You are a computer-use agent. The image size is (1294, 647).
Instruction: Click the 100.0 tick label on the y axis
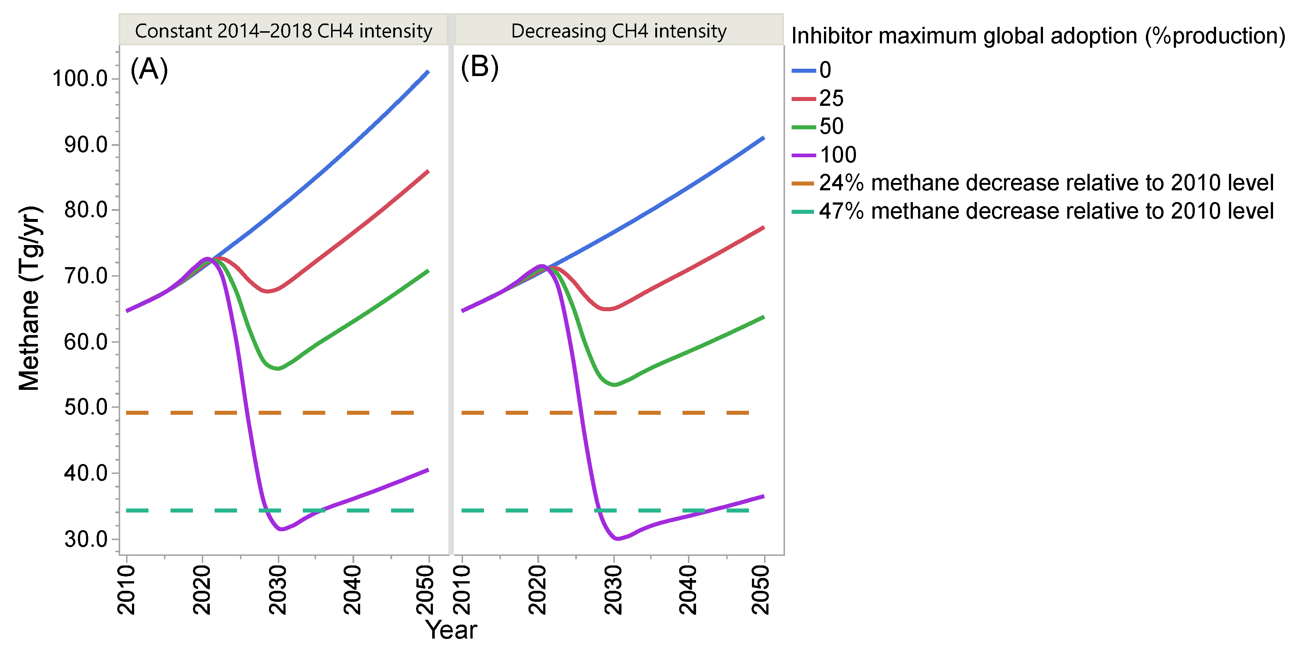[x=80, y=79]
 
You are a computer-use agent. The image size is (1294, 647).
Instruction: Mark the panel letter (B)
[x=480, y=67]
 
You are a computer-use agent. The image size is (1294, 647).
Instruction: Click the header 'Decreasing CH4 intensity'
[x=619, y=31]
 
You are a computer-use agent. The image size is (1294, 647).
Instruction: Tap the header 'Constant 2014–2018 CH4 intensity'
[x=283, y=31]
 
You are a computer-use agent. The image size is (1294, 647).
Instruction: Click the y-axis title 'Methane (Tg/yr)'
[x=29, y=298]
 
